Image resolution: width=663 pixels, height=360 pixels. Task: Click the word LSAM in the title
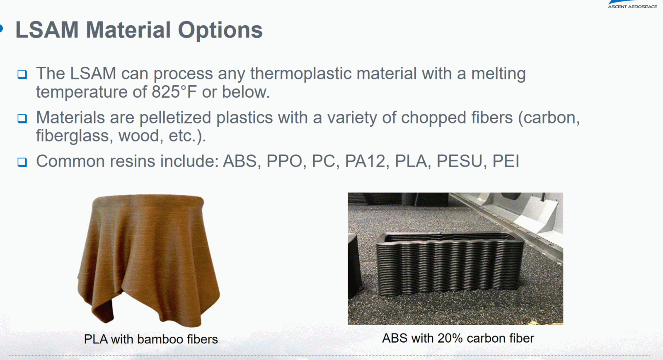(x=47, y=29)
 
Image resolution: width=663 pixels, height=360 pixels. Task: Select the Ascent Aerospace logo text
(x=632, y=7)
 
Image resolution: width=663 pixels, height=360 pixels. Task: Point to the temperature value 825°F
(x=174, y=92)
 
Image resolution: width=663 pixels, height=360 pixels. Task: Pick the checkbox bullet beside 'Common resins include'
(x=22, y=162)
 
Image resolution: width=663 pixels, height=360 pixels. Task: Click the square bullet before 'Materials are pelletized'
(x=22, y=118)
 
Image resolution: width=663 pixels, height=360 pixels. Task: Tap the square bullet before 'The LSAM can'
(x=22, y=74)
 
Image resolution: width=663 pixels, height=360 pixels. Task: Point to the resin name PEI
(x=506, y=161)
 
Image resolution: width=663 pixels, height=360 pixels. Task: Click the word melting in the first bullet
(x=498, y=74)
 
